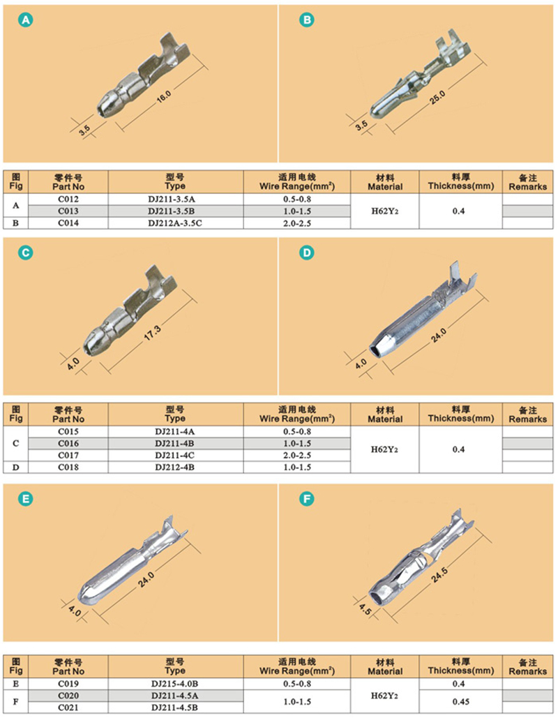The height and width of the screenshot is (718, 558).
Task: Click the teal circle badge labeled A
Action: pos(26,20)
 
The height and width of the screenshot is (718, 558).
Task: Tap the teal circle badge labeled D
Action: pos(307,253)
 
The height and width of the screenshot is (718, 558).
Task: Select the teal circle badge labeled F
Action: pos(307,499)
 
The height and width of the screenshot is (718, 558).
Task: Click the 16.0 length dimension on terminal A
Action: pos(164,96)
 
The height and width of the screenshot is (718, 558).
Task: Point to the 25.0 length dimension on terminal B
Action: pos(437,98)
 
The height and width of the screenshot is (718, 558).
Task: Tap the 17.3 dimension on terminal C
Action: pos(153,332)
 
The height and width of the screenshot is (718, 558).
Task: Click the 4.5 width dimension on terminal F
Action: pos(365,609)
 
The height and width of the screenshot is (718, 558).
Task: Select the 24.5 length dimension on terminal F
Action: pos(439,575)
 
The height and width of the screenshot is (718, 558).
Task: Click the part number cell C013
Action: pos(68,211)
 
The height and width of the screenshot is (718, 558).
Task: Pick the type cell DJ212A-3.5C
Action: pos(175,223)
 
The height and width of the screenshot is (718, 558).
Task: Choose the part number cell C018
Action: pos(68,467)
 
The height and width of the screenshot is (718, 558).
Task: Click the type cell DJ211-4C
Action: pos(175,455)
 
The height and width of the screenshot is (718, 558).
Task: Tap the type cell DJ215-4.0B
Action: pos(175,684)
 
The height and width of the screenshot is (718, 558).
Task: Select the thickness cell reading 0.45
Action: pos(459,701)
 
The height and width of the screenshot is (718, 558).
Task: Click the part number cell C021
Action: pos(68,708)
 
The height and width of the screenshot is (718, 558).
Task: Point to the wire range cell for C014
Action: pos(297,223)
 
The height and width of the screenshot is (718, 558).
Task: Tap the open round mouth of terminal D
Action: pos(375,351)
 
